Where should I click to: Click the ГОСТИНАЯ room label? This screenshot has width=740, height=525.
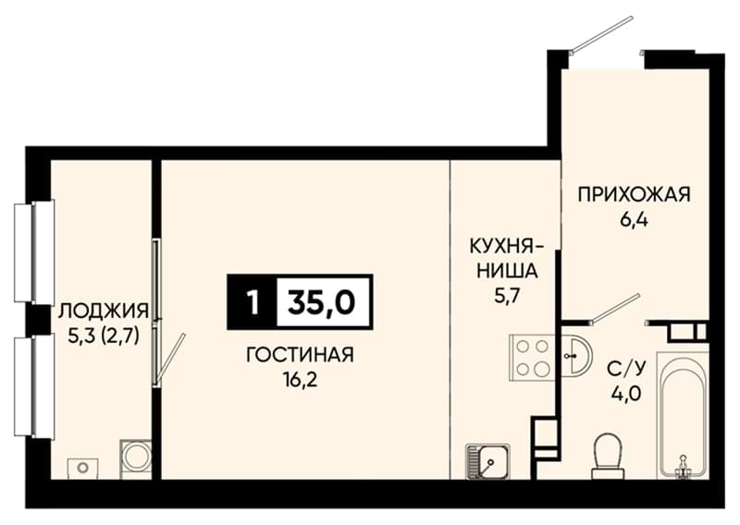click(300, 355)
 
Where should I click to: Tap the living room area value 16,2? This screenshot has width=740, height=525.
click(300, 379)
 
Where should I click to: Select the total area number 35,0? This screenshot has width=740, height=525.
click(322, 302)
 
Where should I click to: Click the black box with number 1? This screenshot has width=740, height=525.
click(253, 302)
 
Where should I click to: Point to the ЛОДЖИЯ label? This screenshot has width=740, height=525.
click(104, 311)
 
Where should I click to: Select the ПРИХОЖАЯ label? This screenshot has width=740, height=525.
click(634, 194)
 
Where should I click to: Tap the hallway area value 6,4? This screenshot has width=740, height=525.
click(634, 219)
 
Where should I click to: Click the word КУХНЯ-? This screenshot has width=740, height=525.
click(506, 246)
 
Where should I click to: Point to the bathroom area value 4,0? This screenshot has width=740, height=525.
click(626, 393)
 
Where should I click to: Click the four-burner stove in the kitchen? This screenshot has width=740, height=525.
click(533, 358)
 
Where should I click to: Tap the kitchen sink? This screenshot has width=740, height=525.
click(487, 461)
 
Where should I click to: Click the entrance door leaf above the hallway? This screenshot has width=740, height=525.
click(602, 33)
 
